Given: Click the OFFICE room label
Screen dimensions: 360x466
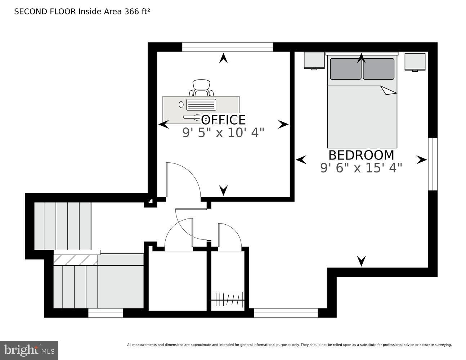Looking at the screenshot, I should coord(223,120).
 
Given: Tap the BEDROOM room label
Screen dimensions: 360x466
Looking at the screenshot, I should coord(361,155).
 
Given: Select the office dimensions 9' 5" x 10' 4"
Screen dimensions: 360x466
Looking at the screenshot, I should coord(223,133).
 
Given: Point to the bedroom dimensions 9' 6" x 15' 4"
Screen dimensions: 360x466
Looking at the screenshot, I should coord(361,168).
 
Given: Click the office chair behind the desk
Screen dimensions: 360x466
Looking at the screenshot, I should coord(201,87).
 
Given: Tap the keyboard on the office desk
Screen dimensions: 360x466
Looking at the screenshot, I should coord(201,105).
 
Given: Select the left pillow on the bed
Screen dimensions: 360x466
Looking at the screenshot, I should coord(345,69).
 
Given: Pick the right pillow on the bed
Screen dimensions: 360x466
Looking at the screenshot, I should coord(378,69).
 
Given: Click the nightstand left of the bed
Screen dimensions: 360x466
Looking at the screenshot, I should coord(314,60).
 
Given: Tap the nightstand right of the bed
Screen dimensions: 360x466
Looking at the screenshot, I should coord(415,62).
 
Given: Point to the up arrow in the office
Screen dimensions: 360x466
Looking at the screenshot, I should coord(223,58).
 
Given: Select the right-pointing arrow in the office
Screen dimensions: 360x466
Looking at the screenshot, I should coord(283,125).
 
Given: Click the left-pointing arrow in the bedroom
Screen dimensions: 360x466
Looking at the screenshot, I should coord(301,159).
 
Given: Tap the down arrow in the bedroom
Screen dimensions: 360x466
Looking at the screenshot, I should coord(361,261).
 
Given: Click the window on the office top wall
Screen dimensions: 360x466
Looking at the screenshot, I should coord(227,47).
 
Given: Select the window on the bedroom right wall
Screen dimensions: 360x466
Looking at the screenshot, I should coord(432,164).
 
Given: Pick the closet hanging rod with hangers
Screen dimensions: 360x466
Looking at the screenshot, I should coord(228,300).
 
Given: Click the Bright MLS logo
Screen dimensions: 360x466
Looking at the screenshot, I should coord(29,350).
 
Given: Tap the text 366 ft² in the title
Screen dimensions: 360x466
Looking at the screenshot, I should coord(137,12).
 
